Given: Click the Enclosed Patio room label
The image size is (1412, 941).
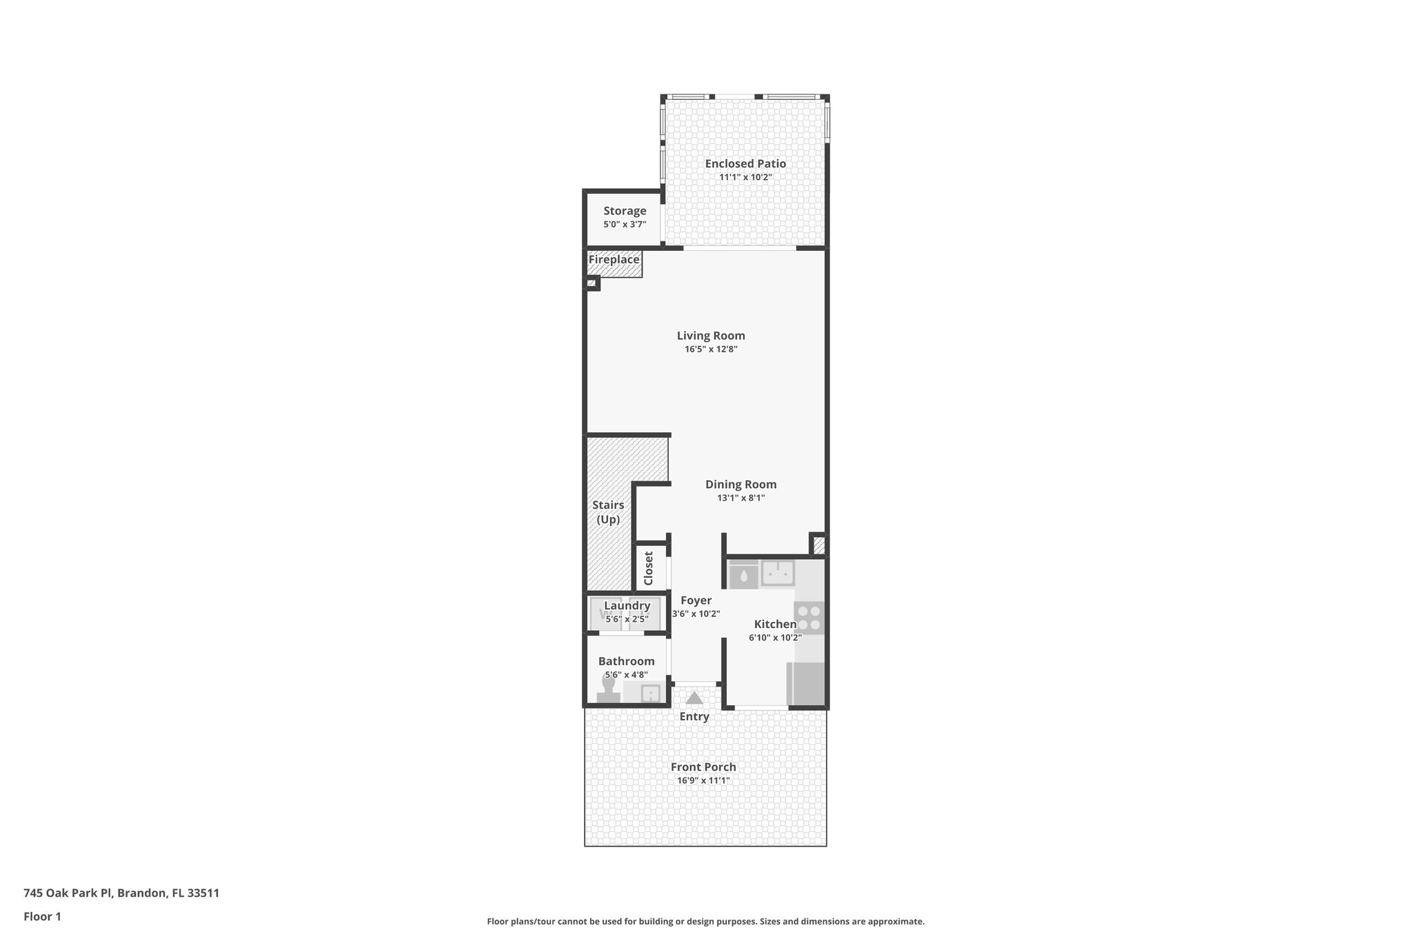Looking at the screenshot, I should (x=745, y=163).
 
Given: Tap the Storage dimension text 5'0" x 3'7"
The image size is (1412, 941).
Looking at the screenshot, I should (x=625, y=224).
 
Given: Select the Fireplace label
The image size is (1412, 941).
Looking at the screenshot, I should (x=614, y=260).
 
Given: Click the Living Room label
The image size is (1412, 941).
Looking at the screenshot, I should (x=711, y=336).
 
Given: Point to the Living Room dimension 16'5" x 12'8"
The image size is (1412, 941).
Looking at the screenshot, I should (x=711, y=350).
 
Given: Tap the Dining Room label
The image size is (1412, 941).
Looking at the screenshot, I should (x=740, y=485).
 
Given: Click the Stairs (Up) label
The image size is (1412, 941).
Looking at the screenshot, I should (x=608, y=512).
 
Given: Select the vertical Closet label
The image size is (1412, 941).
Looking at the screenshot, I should (x=648, y=568).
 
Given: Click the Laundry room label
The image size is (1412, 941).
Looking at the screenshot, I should (x=627, y=606).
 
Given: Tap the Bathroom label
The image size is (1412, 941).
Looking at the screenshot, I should (x=626, y=661).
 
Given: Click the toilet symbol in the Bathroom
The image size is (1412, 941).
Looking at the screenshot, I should (x=609, y=690).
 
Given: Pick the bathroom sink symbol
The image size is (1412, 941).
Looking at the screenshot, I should (x=650, y=693).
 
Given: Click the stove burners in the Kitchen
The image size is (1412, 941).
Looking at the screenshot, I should (x=809, y=618).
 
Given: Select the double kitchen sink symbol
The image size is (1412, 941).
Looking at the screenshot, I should (x=778, y=573).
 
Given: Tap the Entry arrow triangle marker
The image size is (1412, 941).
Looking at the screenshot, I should (x=694, y=698).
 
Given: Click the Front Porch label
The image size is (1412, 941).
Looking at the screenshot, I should (x=703, y=767).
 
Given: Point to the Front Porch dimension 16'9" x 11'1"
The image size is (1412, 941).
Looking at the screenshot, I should (x=703, y=781).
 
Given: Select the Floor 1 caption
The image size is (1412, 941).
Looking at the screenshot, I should (x=42, y=917).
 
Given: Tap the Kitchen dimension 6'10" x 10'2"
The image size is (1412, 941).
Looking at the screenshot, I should (x=775, y=638).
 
